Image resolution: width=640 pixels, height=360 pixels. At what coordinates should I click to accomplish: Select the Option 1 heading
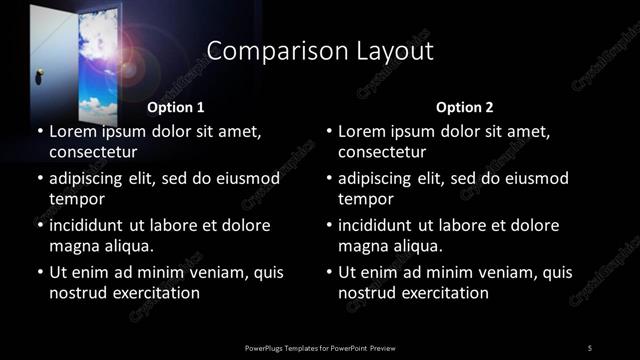click(x=176, y=106)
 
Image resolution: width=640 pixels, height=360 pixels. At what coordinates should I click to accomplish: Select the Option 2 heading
click(x=465, y=106)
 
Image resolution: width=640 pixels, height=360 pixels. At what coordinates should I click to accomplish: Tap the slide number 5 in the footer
click(x=590, y=347)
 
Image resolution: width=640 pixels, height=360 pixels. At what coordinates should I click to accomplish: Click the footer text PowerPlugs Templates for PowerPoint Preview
click(x=320, y=347)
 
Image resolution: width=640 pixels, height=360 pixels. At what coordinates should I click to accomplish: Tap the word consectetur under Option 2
click(x=382, y=153)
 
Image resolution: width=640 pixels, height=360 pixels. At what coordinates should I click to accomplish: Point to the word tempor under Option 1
click(x=73, y=199)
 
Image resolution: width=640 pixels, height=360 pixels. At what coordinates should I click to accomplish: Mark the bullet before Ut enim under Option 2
click(x=330, y=272)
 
